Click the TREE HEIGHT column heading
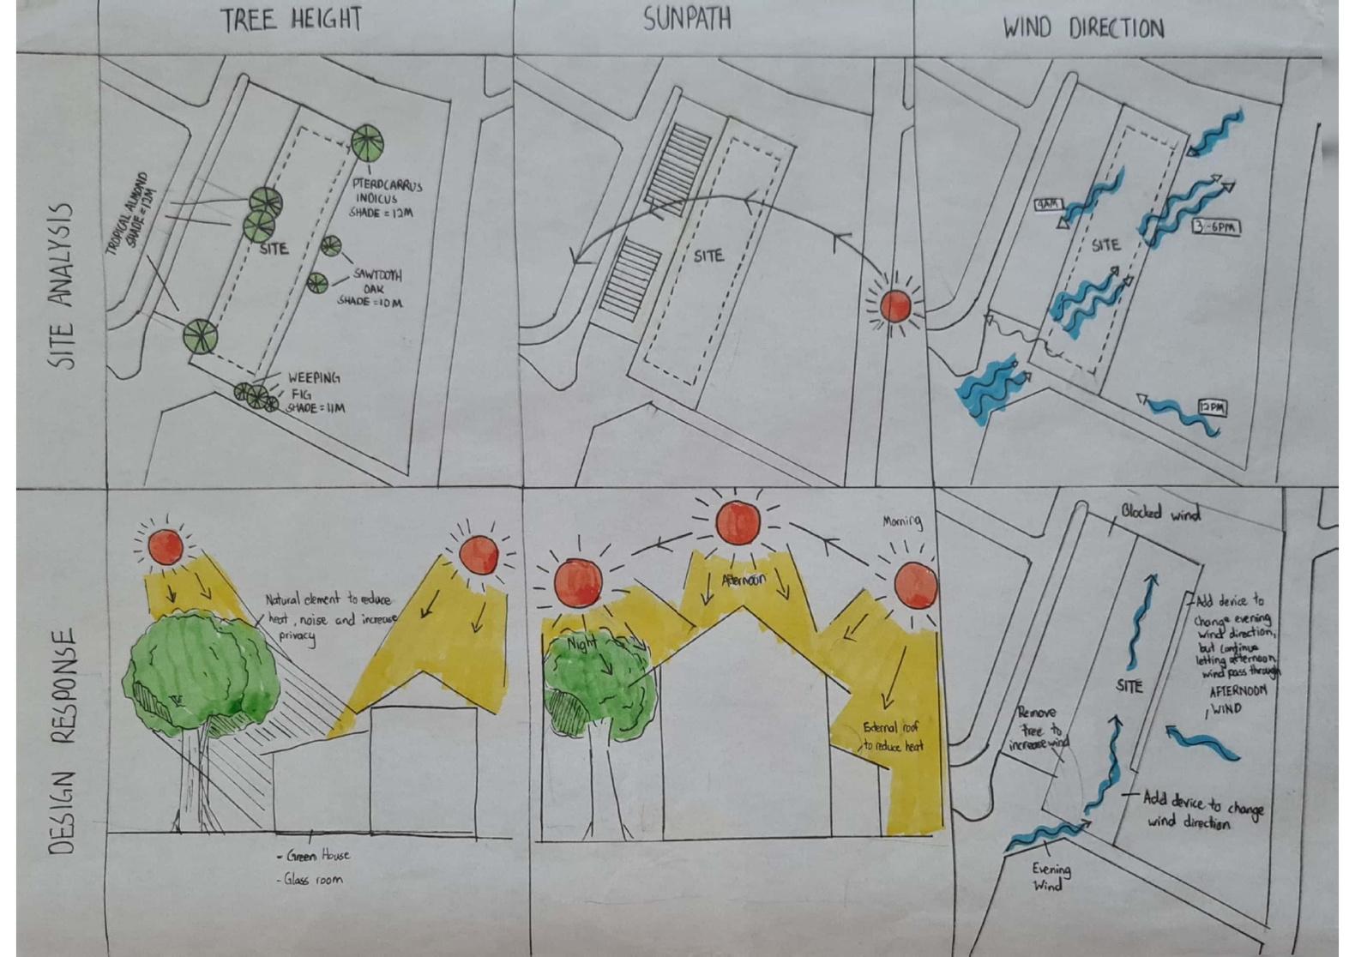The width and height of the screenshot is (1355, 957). [x=292, y=20]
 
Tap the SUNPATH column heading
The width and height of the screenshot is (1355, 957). [x=687, y=19]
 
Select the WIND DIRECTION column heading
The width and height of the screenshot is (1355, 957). [x=1083, y=28]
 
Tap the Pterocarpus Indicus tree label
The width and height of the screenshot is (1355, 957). [x=385, y=198]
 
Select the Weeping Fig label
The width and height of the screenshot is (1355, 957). [x=314, y=392]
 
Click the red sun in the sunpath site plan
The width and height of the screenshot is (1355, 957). [x=895, y=305]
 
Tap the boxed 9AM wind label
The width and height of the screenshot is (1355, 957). [x=1048, y=204]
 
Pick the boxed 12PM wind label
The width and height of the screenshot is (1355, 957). [x=1212, y=407]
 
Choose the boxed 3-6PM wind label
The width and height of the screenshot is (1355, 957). [x=1215, y=227]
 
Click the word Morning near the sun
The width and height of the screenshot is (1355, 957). [x=901, y=521]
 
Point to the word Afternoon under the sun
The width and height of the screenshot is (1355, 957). [x=743, y=580]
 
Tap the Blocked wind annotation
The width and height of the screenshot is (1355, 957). [x=1160, y=513]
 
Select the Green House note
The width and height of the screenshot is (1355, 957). [x=314, y=855]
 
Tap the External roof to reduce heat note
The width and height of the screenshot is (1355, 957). [x=893, y=737]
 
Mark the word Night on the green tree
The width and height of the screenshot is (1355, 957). [x=581, y=644]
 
